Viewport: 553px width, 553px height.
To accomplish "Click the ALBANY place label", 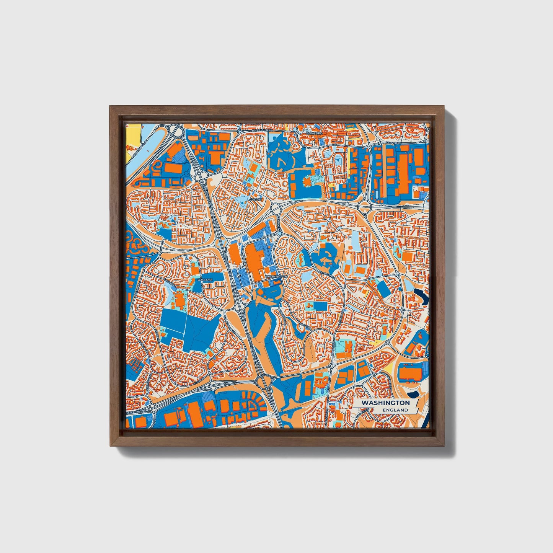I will click(x=256, y=199).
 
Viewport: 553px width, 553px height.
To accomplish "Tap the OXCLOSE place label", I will click(x=205, y=280).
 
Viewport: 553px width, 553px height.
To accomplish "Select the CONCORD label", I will click(x=315, y=133).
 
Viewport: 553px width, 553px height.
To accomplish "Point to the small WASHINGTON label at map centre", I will click(x=276, y=276).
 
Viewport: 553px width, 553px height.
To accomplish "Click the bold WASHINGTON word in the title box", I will click(x=385, y=403).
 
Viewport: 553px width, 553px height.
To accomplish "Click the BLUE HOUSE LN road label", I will click(x=262, y=131).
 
